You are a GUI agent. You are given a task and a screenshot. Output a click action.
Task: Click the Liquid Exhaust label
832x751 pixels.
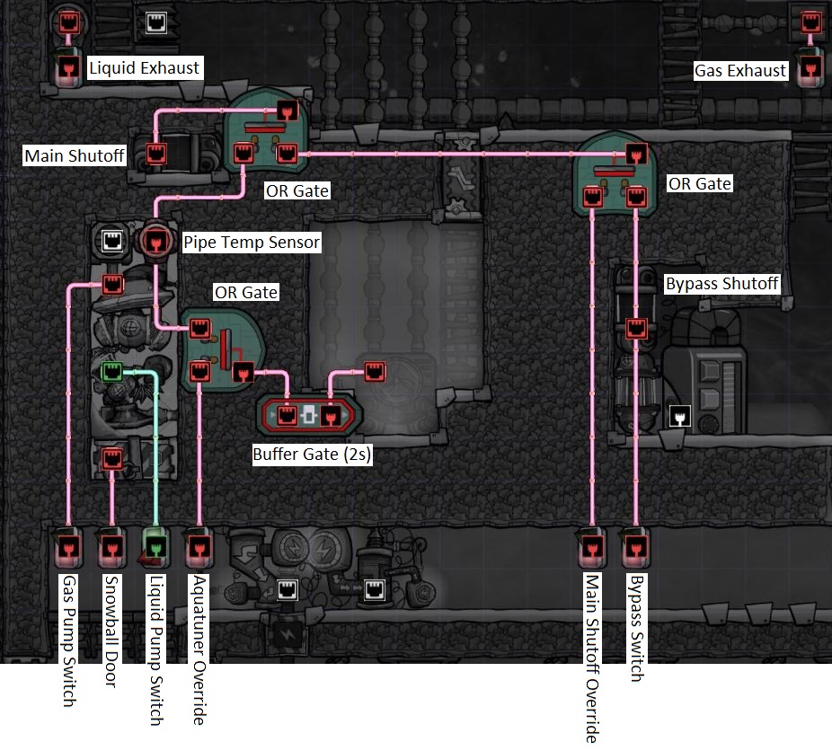tap(144, 67)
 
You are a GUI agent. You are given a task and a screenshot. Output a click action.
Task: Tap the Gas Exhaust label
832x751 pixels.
tap(740, 70)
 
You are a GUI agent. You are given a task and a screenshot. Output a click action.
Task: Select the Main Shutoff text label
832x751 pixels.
tap(75, 155)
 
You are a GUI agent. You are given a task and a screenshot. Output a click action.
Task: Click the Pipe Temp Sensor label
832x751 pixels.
tap(252, 242)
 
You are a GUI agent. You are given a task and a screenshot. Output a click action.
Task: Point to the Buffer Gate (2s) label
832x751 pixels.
tap(312, 455)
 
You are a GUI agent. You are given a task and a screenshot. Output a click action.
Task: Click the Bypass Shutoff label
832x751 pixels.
tap(721, 284)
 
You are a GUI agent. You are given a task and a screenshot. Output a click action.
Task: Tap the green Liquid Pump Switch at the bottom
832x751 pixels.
tap(155, 545)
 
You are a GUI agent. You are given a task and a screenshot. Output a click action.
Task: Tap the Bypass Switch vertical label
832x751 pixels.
tap(635, 628)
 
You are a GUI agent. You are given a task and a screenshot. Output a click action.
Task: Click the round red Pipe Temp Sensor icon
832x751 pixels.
tap(154, 241)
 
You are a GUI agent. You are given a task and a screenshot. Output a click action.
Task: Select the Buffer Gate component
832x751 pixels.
tap(309, 415)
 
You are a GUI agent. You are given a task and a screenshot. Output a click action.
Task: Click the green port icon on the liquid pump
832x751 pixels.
tap(111, 370)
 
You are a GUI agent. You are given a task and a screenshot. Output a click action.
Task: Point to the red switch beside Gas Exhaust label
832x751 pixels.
tap(810, 67)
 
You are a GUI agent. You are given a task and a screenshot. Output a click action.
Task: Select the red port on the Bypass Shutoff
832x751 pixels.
tap(635, 328)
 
